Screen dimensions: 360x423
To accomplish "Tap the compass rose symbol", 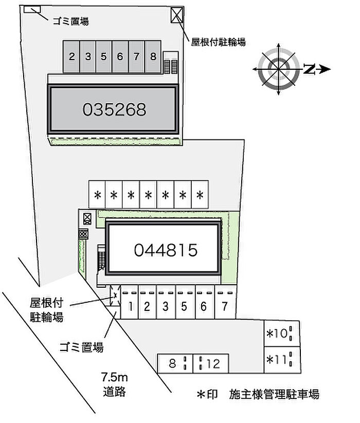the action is (x=279, y=69).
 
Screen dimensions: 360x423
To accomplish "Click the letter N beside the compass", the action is (x=309, y=69).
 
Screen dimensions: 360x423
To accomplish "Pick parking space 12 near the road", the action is (x=211, y=364).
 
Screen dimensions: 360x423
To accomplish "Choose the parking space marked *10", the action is (x=282, y=334).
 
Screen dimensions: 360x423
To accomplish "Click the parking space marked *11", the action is (x=282, y=360).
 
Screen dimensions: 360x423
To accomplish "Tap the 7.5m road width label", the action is (x=114, y=377).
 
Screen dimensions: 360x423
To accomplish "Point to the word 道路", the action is (x=114, y=392).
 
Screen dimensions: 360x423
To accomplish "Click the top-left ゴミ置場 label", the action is (x=70, y=21).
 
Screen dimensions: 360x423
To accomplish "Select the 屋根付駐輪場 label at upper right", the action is (x=219, y=42).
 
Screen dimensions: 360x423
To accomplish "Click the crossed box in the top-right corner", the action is (x=177, y=15).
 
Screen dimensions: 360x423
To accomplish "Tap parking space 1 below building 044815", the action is (x=130, y=302).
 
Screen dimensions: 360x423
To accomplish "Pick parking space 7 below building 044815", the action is (x=225, y=302).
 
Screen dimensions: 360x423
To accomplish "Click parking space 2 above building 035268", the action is (x=71, y=57).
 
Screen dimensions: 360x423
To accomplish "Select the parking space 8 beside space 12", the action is (x=175, y=364).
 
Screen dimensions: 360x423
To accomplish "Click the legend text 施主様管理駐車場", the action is (x=274, y=394).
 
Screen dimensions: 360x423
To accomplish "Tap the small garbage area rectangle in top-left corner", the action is (x=32, y=9).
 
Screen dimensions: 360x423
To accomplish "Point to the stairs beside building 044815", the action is (x=101, y=258).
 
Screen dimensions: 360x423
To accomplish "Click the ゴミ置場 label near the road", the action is (x=81, y=347).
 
